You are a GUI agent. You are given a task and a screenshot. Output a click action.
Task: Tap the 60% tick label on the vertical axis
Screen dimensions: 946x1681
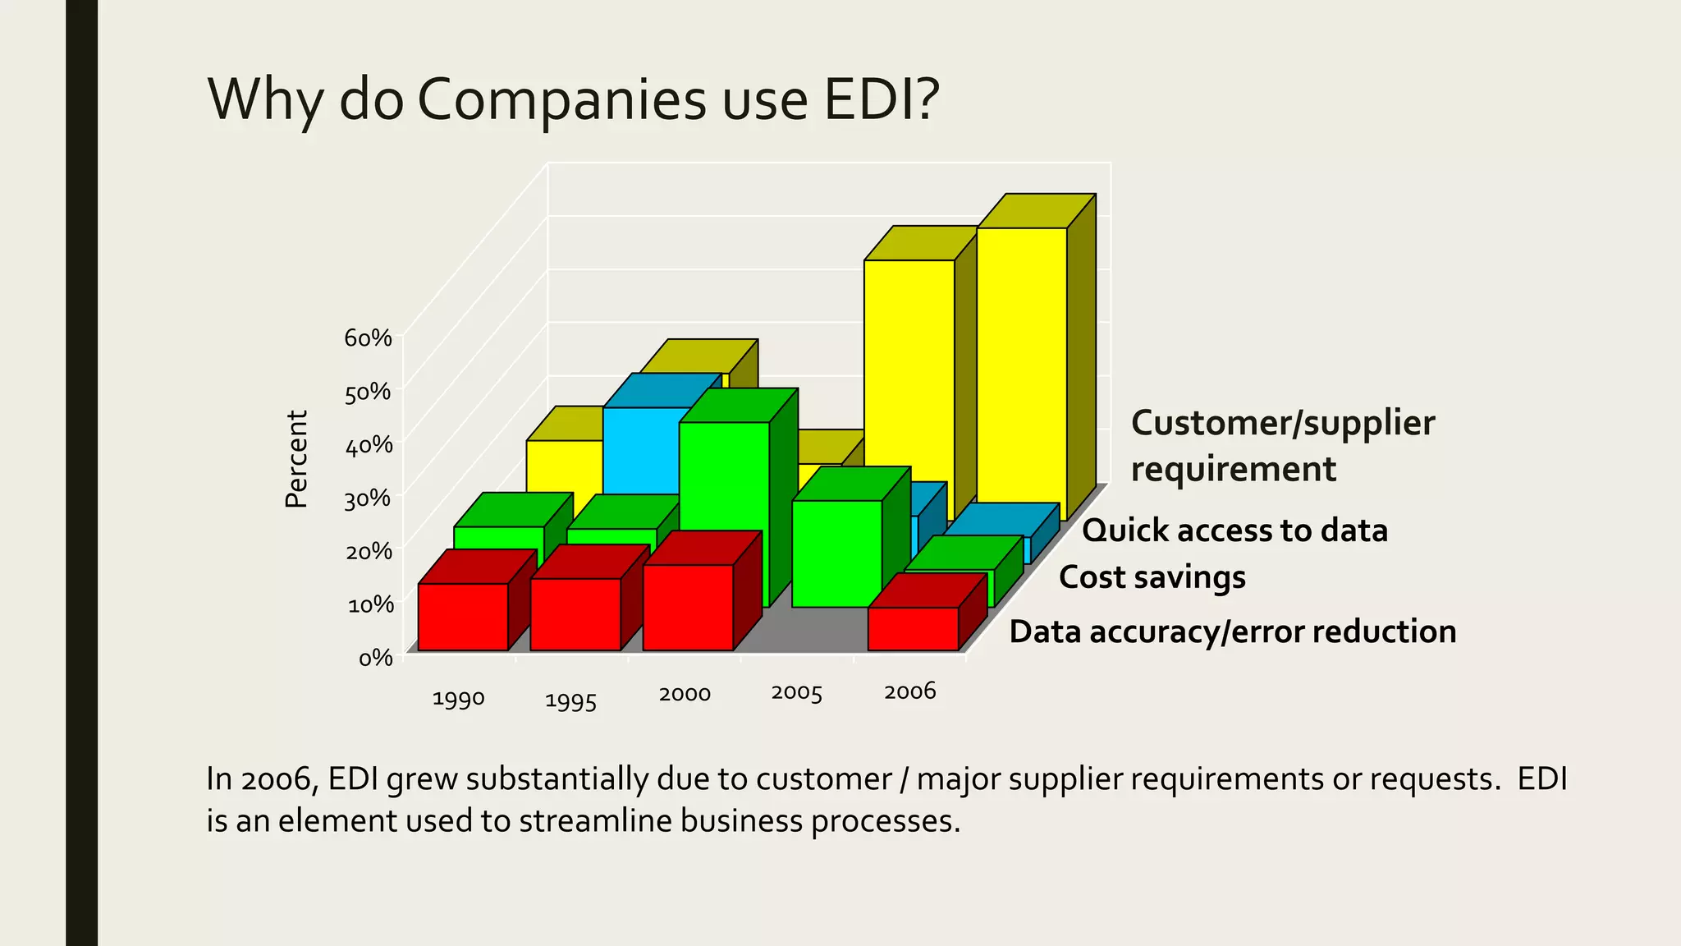pyautogui.click(x=368, y=338)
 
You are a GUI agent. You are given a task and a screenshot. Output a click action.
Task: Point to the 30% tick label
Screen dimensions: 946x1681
pyautogui.click(x=368, y=498)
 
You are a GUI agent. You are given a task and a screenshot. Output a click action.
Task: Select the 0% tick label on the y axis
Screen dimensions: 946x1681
pyautogui.click(x=376, y=658)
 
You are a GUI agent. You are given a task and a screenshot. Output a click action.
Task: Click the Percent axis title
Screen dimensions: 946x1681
pyautogui.click(x=296, y=459)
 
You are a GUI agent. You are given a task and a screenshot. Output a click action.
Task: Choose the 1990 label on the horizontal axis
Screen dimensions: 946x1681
pyautogui.click(x=458, y=699)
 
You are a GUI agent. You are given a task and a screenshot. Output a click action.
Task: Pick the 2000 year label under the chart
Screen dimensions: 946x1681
pyautogui.click(x=685, y=694)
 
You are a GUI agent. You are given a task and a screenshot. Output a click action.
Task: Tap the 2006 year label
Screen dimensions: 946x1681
pyautogui.click(x=909, y=691)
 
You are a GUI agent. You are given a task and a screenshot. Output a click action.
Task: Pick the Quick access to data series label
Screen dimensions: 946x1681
pyautogui.click(x=1234, y=530)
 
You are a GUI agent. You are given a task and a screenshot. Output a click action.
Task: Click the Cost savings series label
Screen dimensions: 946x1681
pyautogui.click(x=1152, y=577)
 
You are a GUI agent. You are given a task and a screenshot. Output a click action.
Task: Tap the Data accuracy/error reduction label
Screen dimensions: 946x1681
pyautogui.click(x=1232, y=631)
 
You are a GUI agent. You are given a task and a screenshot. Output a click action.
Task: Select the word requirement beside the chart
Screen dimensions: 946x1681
pyautogui.click(x=1233, y=470)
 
